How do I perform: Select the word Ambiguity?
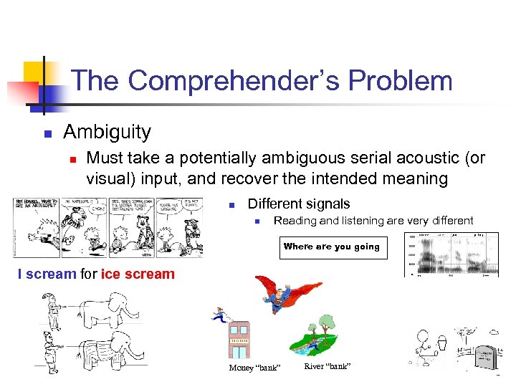(x=107, y=132)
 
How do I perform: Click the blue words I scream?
(x=47, y=274)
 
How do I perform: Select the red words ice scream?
(x=138, y=274)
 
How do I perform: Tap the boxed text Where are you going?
(x=332, y=247)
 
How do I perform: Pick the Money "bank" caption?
(x=254, y=368)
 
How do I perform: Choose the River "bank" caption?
(x=327, y=366)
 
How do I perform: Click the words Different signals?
(x=299, y=204)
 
